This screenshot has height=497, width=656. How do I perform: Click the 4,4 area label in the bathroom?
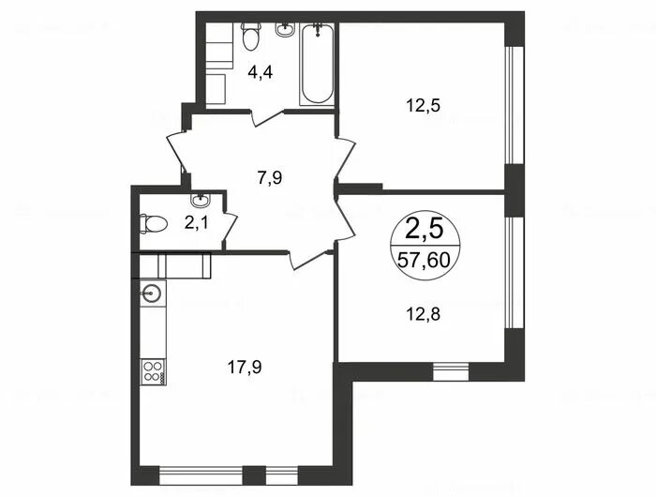(260, 73)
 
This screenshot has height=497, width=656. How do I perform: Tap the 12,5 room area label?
(423, 106)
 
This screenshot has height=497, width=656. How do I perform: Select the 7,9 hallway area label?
(270, 178)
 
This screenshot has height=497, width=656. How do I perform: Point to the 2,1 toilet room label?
(196, 222)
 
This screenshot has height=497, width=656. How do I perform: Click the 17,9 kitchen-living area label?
(245, 368)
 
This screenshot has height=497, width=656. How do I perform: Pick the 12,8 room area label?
(423, 313)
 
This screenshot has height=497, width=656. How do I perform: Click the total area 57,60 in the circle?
(424, 261)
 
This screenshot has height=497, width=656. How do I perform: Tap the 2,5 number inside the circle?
(424, 230)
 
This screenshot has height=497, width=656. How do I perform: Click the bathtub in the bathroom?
(317, 64)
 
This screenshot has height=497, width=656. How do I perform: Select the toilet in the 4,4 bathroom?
(250, 37)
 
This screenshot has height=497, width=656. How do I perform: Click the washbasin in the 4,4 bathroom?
(286, 29)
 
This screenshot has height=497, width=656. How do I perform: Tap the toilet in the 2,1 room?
(154, 223)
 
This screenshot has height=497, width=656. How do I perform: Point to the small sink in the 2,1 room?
(201, 200)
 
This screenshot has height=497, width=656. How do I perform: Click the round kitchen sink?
(151, 293)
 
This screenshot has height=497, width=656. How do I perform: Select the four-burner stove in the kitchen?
(154, 371)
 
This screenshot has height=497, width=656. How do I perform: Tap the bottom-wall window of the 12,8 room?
(451, 371)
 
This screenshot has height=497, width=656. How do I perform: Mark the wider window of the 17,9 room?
(201, 474)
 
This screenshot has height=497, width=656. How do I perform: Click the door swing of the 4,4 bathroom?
(268, 117)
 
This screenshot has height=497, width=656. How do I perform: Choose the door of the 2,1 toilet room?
(231, 228)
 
